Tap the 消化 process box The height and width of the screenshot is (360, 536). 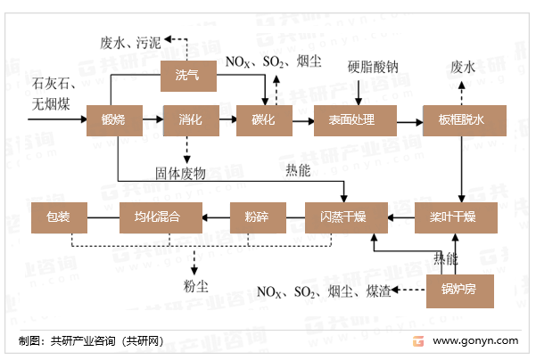pyautogui.click(x=188, y=119)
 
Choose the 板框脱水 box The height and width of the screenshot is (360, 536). pyautogui.click(x=461, y=119)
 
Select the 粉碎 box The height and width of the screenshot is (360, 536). pyautogui.click(x=256, y=217)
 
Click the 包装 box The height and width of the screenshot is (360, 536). pyautogui.click(x=59, y=217)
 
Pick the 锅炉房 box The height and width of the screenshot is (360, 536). pyautogui.click(x=459, y=290)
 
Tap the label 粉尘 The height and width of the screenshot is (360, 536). pyautogui.click(x=194, y=285)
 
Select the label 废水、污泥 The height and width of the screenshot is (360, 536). pyautogui.click(x=131, y=42)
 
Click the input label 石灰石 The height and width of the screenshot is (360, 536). pyautogui.click(x=49, y=84)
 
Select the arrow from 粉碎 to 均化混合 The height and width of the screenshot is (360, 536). pyautogui.click(x=217, y=217)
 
